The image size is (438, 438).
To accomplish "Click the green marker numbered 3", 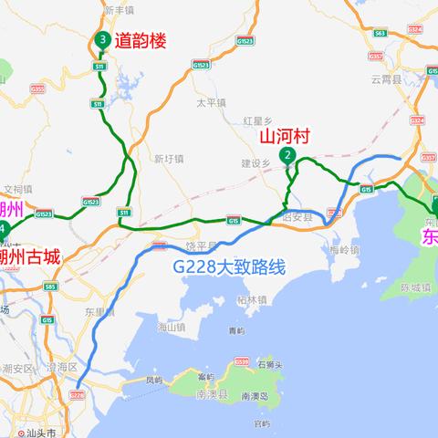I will [x=102, y=40].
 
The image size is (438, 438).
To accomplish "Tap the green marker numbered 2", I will [x=288, y=156].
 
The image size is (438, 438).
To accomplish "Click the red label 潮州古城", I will [x=30, y=256].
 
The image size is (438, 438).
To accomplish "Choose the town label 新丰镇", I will [x=120, y=10].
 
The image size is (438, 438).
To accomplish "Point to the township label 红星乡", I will [x=258, y=120].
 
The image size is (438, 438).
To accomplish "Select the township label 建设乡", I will [x=255, y=163].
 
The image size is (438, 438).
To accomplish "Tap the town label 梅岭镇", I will [x=346, y=249].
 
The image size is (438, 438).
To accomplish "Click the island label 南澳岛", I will [x=254, y=398].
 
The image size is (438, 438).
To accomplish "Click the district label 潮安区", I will [x=18, y=368].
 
